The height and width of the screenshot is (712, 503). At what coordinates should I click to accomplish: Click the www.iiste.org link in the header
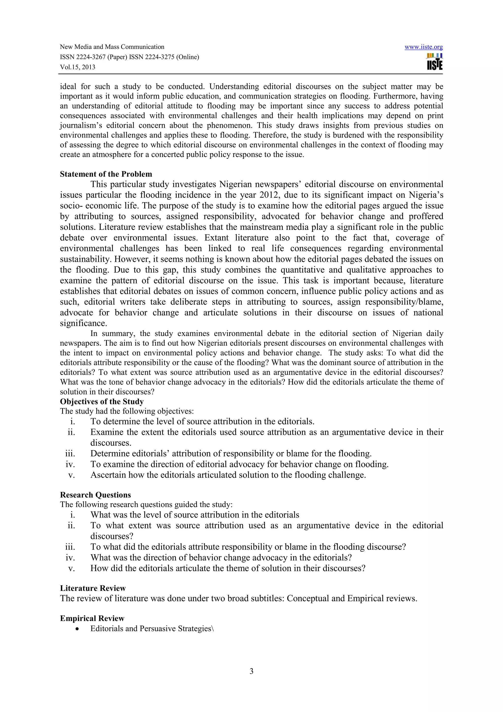tap(423, 47)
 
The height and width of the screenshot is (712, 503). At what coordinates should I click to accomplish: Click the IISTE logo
tap(434, 62)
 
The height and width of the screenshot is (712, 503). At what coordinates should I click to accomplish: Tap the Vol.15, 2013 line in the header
tap(77, 67)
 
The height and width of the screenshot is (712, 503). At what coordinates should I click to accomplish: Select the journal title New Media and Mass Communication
tap(112, 47)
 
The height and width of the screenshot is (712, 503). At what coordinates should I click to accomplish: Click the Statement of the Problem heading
tap(106, 174)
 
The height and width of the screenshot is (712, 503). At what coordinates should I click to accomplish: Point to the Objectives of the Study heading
tap(102, 402)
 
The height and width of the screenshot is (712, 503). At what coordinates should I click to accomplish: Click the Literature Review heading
tap(93, 588)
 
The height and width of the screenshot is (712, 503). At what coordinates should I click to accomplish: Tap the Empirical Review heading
tap(92, 618)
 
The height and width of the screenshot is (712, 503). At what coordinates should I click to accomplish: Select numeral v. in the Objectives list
tap(71, 475)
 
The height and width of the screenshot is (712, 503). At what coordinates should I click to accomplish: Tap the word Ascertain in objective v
tap(108, 475)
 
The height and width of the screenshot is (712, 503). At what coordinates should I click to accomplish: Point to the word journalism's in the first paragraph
tap(81, 126)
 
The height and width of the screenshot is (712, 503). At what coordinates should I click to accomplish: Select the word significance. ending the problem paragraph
tap(83, 323)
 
